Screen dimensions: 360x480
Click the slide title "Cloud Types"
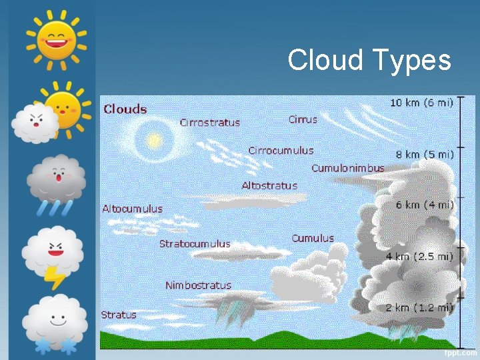369,61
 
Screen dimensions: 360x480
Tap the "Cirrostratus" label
209,123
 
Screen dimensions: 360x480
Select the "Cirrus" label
303,119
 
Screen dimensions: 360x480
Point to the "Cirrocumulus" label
281,151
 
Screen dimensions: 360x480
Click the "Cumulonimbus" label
348,168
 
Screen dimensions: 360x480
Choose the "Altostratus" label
269,185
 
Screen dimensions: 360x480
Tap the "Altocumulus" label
132,209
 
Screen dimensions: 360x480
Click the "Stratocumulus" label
195,244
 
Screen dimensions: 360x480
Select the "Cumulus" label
313,238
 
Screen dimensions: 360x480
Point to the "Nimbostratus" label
198,285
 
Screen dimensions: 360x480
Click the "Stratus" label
119,315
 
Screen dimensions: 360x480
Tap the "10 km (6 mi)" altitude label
422,103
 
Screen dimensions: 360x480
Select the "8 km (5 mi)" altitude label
425,154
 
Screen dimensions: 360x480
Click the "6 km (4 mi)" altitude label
425,205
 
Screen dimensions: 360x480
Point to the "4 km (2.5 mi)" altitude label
420,256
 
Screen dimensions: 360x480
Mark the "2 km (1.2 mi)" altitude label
419,307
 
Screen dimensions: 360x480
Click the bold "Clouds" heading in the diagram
125,109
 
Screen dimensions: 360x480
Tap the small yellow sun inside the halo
154,141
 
